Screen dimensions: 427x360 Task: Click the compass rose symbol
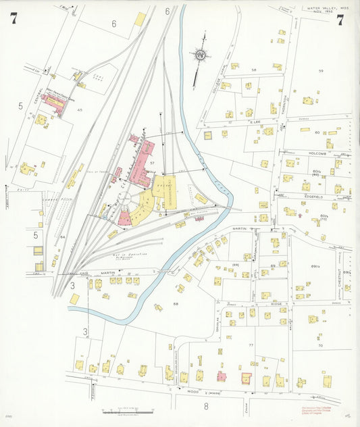click(x=201, y=55)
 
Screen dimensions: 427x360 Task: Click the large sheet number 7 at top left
click(x=14, y=19)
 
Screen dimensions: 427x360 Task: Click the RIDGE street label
click(x=265, y=305)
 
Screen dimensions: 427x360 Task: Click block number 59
click(x=321, y=71)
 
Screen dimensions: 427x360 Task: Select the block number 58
click(x=254, y=70)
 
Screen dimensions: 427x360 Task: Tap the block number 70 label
click(x=320, y=345)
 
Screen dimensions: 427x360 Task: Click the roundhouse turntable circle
click(x=126, y=201)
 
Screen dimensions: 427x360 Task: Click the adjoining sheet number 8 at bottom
click(x=205, y=407)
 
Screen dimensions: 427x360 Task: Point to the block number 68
click(x=176, y=303)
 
